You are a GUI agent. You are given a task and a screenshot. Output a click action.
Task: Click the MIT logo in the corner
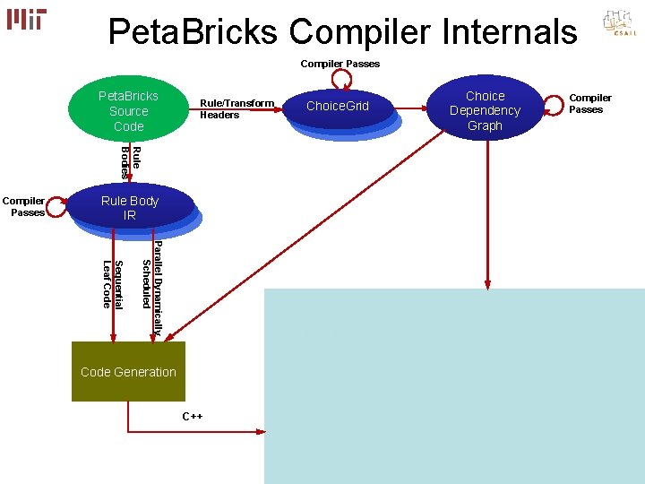27,19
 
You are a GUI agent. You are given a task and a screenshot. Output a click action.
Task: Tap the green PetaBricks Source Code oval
128,111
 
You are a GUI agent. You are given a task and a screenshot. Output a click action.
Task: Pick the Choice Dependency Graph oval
485,110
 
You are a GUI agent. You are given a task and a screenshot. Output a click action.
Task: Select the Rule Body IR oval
130,209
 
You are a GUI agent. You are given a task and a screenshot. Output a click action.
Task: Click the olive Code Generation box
128,371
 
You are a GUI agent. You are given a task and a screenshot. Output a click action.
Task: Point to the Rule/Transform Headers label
236,108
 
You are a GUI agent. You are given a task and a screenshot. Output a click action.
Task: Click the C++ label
193,416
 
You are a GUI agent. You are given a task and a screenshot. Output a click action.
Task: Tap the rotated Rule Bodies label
131,161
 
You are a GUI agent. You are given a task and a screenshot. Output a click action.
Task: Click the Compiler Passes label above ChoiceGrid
340,64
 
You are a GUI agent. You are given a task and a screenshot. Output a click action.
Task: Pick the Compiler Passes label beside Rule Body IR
27,206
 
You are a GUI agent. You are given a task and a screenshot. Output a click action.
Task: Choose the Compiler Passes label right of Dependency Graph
589,103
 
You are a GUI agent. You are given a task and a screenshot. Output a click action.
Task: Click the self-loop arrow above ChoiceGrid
340,79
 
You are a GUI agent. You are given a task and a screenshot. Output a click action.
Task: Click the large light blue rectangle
454,385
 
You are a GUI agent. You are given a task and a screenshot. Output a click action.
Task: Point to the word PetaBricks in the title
193,32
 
